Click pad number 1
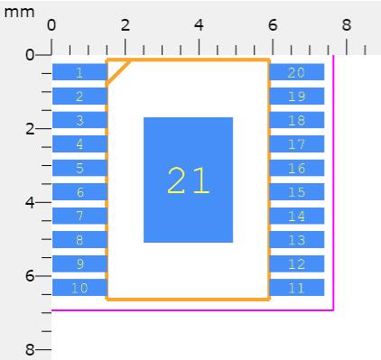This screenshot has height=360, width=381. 79,72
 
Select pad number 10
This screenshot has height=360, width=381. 79,288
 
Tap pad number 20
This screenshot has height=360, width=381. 297,72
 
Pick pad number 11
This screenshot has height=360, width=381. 297,288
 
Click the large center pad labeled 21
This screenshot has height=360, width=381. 188,180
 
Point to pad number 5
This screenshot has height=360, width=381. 79,168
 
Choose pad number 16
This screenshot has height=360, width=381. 297,168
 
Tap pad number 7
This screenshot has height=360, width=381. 79,216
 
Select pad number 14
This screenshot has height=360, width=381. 297,216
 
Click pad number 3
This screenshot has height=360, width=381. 79,120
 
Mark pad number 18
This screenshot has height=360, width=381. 297,120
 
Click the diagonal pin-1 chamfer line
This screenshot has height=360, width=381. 118,73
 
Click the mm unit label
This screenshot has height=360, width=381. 19,13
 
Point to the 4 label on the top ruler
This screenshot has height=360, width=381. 199,25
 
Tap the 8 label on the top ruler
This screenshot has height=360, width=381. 347,25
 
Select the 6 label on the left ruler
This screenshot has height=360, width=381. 30,276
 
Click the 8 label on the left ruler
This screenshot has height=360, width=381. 30,350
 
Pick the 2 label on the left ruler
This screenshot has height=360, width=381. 30,129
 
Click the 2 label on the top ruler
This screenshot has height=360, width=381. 125,25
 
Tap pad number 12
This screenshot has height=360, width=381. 297,263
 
